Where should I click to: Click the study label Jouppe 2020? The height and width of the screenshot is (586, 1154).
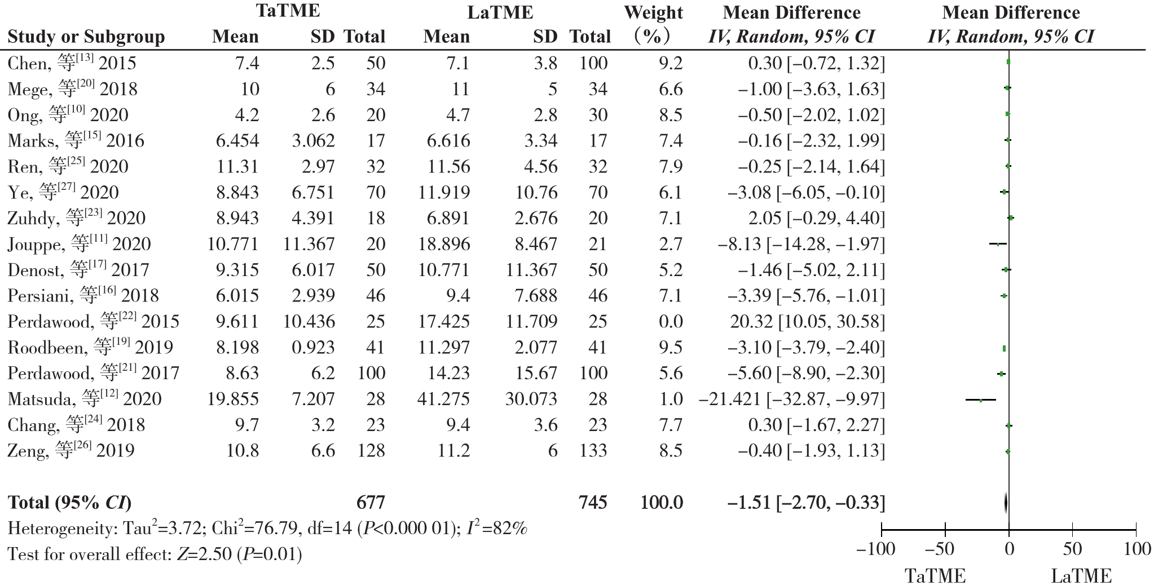80,244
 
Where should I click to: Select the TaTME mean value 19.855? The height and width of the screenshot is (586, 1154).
233,399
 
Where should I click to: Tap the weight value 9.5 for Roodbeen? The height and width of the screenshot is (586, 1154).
670,347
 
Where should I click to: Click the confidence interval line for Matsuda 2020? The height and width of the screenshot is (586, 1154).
981,399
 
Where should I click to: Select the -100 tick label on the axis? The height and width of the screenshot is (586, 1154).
875,549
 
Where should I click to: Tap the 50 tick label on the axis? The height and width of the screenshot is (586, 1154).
1072,549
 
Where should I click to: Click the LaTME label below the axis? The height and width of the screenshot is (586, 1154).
1081,576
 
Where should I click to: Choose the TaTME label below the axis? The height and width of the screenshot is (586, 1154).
935,576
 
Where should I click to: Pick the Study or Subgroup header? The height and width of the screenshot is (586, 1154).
86,37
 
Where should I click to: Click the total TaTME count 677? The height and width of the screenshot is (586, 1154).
371,502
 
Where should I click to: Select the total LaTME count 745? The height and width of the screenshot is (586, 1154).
593,502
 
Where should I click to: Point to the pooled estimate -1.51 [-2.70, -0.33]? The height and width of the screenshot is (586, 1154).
806,502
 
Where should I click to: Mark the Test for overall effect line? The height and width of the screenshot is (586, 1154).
155,554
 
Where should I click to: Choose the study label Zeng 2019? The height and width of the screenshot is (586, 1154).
71,451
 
